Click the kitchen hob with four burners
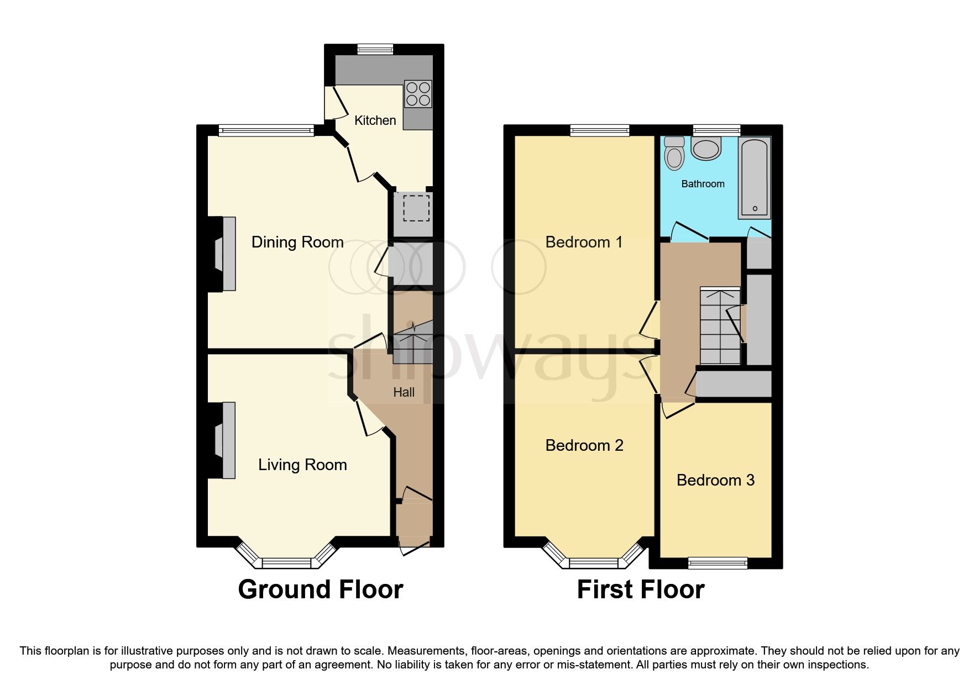click(418, 94)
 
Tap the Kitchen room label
click(375, 120)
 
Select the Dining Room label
click(297, 242)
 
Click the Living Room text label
click(302, 465)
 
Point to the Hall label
click(404, 392)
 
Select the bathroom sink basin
click(706, 149)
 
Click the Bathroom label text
click(703, 184)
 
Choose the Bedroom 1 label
click(584, 242)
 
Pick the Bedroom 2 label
click(584, 445)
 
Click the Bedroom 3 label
click(715, 480)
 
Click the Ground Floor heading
click(320, 589)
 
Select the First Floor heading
click(640, 589)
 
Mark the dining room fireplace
click(228, 254)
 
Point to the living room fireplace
click(228, 440)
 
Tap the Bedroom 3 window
click(718, 563)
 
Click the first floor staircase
click(720, 326)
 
